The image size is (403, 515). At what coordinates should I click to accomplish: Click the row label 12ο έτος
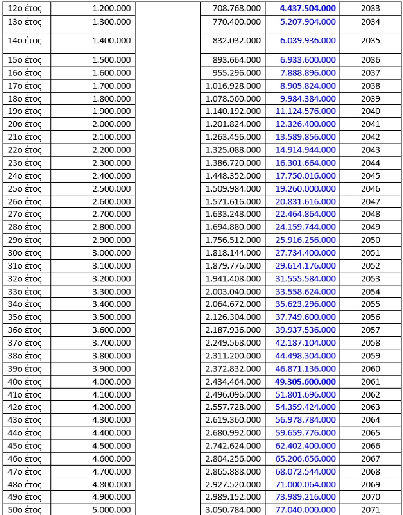pos(25,9)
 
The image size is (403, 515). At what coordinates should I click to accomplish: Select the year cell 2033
pos(371,9)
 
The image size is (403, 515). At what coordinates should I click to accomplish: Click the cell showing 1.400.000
pos(112,41)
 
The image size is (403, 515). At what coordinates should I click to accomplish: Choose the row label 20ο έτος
pos(25,124)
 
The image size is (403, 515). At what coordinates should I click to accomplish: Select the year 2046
pos(371,188)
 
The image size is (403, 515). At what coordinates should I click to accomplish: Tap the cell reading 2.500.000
pos(112,188)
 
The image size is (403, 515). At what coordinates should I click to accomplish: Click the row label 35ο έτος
pos(25,317)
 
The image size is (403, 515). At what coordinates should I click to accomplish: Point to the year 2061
pos(371,382)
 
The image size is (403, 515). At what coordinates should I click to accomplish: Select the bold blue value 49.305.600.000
pos(305,382)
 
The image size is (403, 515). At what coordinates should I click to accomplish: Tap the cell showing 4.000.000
pos(112,382)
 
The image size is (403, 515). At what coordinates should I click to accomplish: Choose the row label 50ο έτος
pos(25,510)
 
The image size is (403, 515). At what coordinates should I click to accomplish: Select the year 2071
pos(371,510)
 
